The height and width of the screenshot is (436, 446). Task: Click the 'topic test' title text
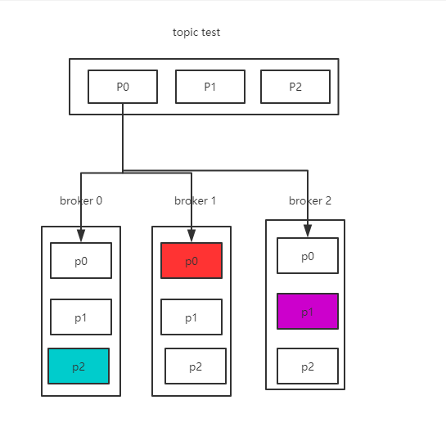pyautogui.click(x=196, y=33)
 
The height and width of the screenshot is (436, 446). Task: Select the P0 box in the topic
pyautogui.click(x=123, y=87)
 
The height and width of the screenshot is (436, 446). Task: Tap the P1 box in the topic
pyautogui.click(x=210, y=87)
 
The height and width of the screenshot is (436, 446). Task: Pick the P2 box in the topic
pyautogui.click(x=295, y=87)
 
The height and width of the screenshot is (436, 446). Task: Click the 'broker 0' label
pyautogui.click(x=81, y=200)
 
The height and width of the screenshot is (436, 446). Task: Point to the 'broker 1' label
pyautogui.click(x=195, y=200)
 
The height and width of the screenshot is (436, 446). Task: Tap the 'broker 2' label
pyautogui.click(x=310, y=200)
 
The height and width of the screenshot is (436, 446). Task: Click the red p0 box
pyautogui.click(x=191, y=260)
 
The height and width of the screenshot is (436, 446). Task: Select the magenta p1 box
pyautogui.click(x=308, y=311)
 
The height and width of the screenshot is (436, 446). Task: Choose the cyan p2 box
pyautogui.click(x=79, y=366)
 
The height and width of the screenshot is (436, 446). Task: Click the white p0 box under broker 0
pyautogui.click(x=81, y=260)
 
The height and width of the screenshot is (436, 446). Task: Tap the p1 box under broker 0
pyautogui.click(x=81, y=317)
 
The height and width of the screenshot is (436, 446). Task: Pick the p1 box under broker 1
pyautogui.click(x=191, y=317)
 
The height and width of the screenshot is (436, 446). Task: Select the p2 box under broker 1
pyautogui.click(x=196, y=366)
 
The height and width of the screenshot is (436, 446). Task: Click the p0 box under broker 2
pyautogui.click(x=308, y=255)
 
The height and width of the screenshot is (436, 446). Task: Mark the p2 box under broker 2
pyautogui.click(x=308, y=366)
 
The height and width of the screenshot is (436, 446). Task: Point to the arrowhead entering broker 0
pyautogui.click(x=81, y=236)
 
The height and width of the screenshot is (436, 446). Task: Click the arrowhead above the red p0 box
pyautogui.click(x=191, y=236)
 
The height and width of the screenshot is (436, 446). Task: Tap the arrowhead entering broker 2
pyautogui.click(x=308, y=231)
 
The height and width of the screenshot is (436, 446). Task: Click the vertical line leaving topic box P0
pyautogui.click(x=123, y=137)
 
